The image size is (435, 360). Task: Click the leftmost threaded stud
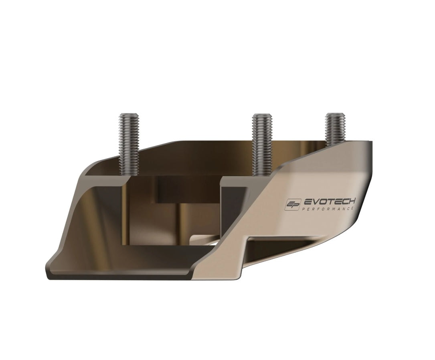pos(128,144)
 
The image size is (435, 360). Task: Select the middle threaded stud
pos(262,144)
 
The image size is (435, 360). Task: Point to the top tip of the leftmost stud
pos(128,115)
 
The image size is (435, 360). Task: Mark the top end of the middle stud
pos(262,115)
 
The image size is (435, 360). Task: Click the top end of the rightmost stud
pos(335,115)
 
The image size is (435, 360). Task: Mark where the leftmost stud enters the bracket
pos(128,175)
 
